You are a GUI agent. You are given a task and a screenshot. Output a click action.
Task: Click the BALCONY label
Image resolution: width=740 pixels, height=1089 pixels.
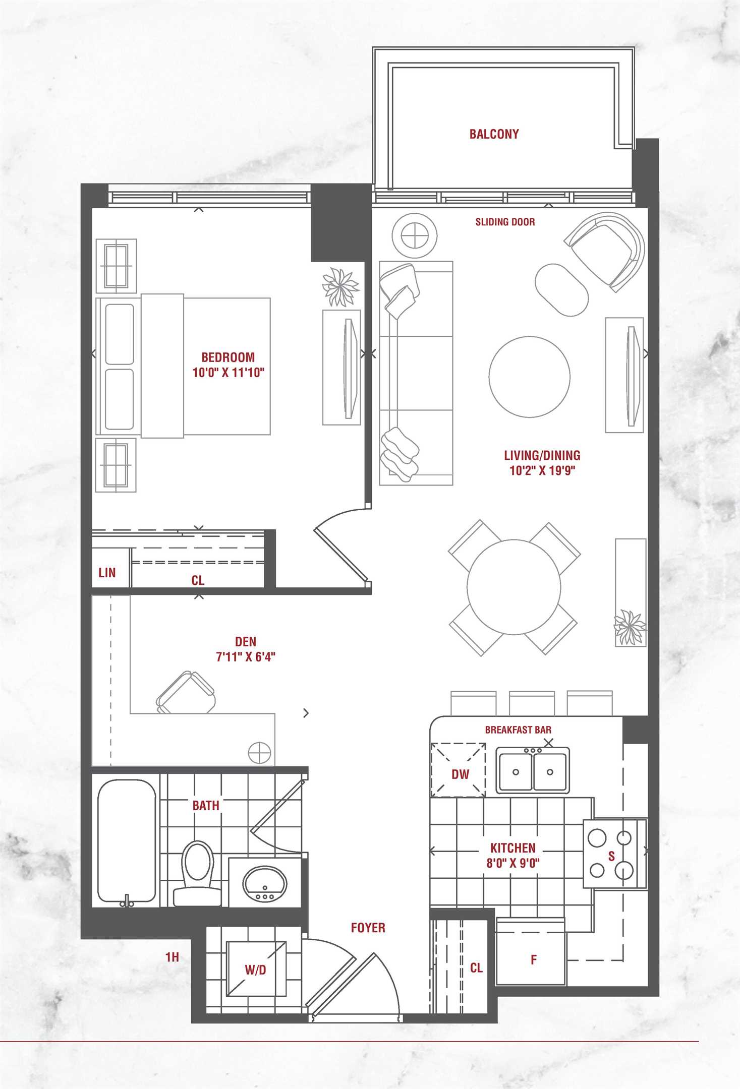(x=494, y=134)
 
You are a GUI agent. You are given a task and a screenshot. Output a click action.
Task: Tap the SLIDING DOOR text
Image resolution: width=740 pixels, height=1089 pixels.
(x=505, y=222)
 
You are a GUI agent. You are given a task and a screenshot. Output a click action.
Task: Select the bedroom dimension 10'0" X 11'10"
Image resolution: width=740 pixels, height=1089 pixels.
(x=229, y=373)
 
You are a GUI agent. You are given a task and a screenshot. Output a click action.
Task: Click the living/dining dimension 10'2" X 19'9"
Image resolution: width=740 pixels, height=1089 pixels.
(x=542, y=470)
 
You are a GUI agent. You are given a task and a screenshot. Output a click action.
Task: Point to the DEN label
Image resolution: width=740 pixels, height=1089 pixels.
(x=246, y=642)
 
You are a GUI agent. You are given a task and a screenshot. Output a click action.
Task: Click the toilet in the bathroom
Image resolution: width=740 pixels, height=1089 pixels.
(x=197, y=873)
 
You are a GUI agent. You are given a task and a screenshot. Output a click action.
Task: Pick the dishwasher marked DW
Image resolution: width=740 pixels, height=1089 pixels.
(x=458, y=769)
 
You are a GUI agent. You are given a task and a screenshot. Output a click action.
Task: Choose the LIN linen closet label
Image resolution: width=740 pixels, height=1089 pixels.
(x=107, y=573)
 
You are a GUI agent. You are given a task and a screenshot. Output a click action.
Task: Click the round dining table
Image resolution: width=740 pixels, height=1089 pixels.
(x=514, y=587)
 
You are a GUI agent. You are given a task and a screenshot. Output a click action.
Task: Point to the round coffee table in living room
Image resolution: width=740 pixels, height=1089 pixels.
(x=530, y=377)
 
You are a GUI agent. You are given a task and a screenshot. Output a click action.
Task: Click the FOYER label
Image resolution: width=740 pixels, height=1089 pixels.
(x=368, y=928)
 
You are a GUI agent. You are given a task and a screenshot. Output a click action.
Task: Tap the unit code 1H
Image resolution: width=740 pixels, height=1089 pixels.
(x=172, y=957)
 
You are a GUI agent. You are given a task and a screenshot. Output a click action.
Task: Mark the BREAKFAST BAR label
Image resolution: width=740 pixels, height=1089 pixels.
(x=518, y=730)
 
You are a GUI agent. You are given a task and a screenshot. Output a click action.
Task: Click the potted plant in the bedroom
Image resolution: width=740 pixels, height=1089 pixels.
(x=341, y=286)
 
